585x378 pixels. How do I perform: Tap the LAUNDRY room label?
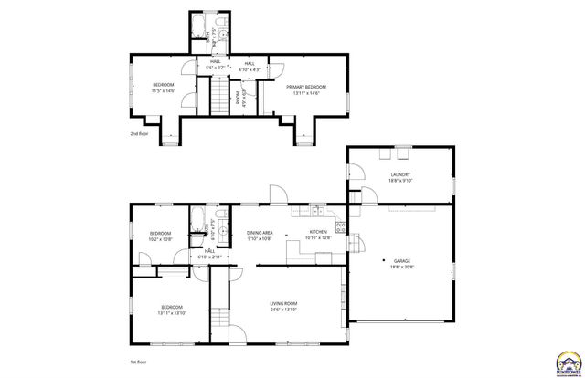point(399,174)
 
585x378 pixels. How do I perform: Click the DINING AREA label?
point(261,233)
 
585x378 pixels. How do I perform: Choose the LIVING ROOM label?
point(284,303)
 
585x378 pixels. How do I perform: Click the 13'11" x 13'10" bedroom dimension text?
point(173,313)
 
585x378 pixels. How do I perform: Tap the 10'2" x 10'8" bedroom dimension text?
point(161,239)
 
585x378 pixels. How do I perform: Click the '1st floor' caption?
point(140,362)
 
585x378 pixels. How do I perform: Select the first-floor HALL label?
point(208,250)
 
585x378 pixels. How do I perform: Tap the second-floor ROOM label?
point(239,96)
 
